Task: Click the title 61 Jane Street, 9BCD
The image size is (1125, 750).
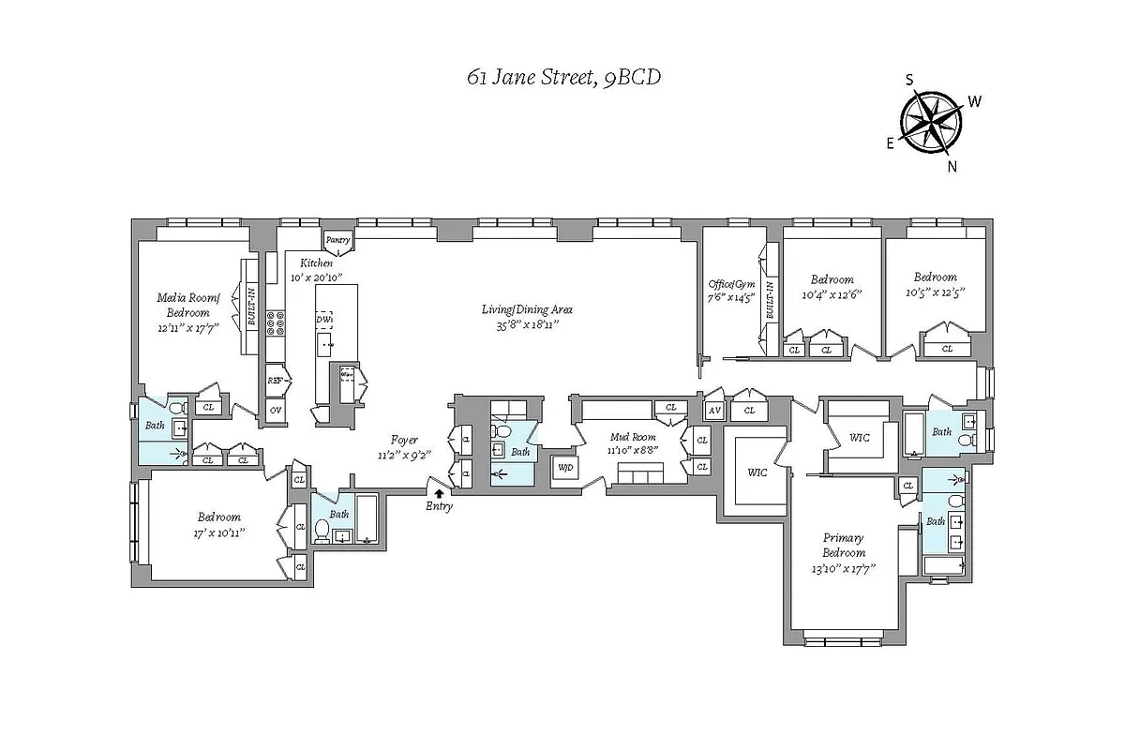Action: [x=563, y=78]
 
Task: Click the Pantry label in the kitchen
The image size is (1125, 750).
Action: [x=338, y=240]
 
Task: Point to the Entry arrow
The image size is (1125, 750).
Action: [x=439, y=493]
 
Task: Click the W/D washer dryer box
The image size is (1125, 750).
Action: [x=565, y=467]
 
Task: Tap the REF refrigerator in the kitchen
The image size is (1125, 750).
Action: [x=276, y=381]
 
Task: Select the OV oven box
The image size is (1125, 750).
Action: [x=276, y=410]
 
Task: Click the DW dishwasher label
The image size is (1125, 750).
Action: [x=324, y=319]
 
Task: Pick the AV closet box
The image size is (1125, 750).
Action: [x=714, y=410]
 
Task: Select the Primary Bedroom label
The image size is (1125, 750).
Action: [x=843, y=545]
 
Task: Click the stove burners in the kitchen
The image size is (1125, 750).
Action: [x=277, y=323]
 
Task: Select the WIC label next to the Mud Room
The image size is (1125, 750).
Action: [x=757, y=472]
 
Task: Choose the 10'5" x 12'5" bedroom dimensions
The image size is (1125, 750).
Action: [x=936, y=292]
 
